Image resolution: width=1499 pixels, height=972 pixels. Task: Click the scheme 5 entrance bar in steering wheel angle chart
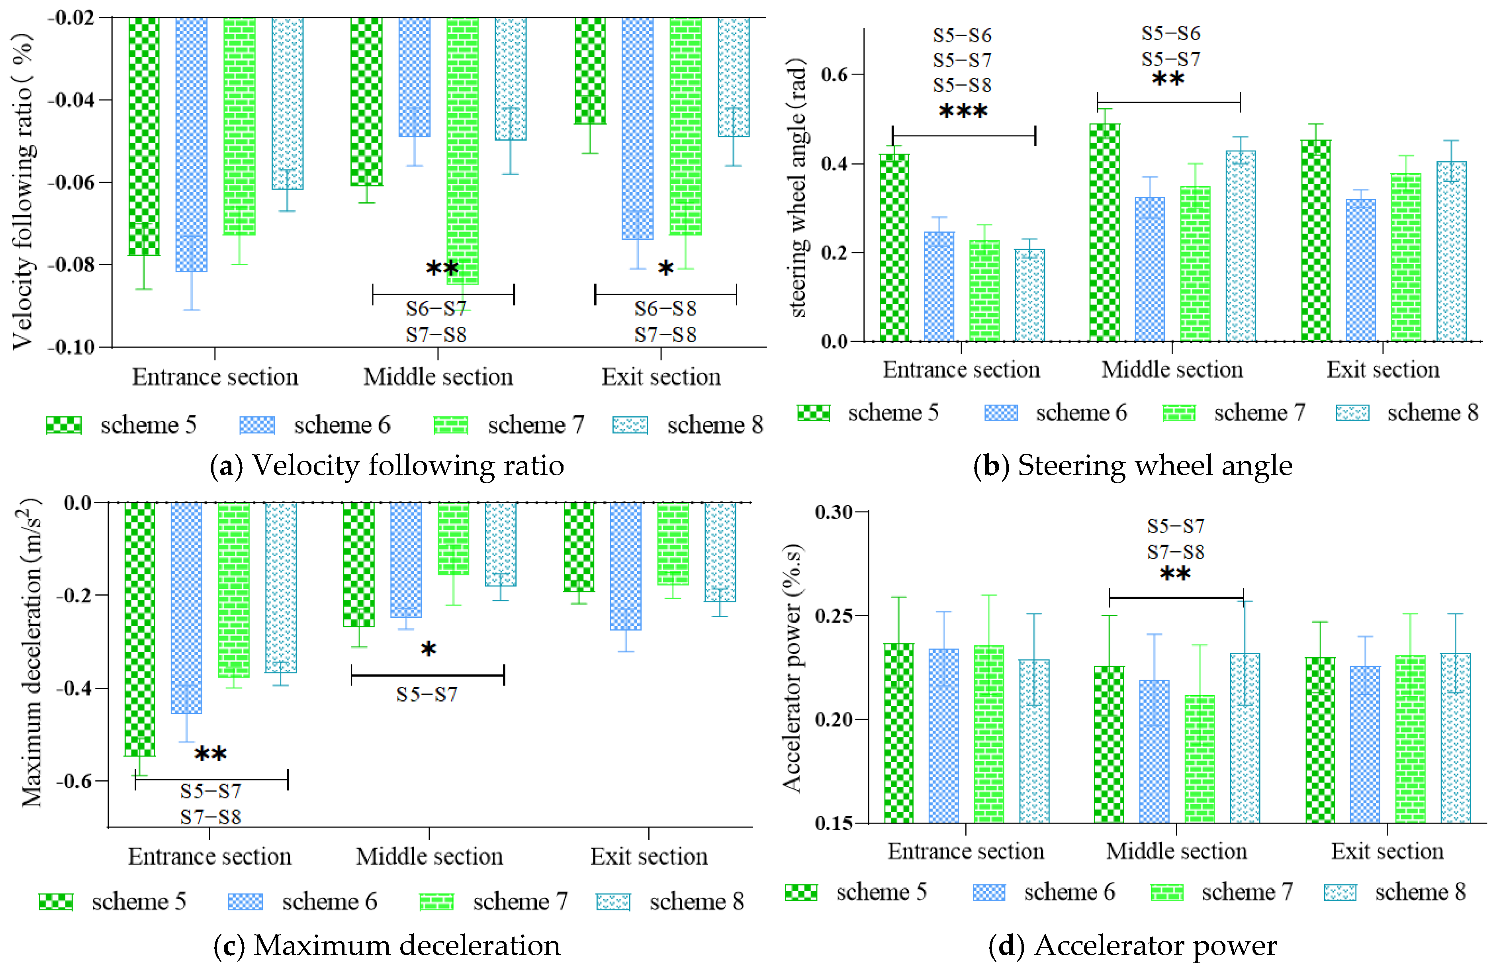(x=894, y=247)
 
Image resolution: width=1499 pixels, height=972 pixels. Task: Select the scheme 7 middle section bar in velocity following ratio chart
(x=462, y=151)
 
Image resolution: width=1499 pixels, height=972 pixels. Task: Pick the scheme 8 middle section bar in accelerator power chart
(x=1245, y=738)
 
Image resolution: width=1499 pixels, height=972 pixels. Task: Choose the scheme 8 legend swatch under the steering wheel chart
(x=1352, y=413)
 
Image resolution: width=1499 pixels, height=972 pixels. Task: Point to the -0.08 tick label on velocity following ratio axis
(x=71, y=265)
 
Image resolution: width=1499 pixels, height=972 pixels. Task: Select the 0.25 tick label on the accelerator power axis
(x=833, y=615)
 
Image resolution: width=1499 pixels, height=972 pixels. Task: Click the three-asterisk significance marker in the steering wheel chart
(x=963, y=112)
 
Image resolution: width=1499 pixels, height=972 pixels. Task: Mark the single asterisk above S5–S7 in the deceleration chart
(x=428, y=649)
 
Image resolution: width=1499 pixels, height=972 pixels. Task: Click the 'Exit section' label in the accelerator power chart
(x=1387, y=851)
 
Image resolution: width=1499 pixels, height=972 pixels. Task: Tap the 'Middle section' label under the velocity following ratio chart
(x=438, y=377)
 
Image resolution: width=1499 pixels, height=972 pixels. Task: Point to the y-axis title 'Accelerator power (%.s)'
(x=793, y=666)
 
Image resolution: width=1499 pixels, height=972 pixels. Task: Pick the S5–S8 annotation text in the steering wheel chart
(x=963, y=85)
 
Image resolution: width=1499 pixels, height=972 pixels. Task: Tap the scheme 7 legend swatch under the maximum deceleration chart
(x=436, y=902)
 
